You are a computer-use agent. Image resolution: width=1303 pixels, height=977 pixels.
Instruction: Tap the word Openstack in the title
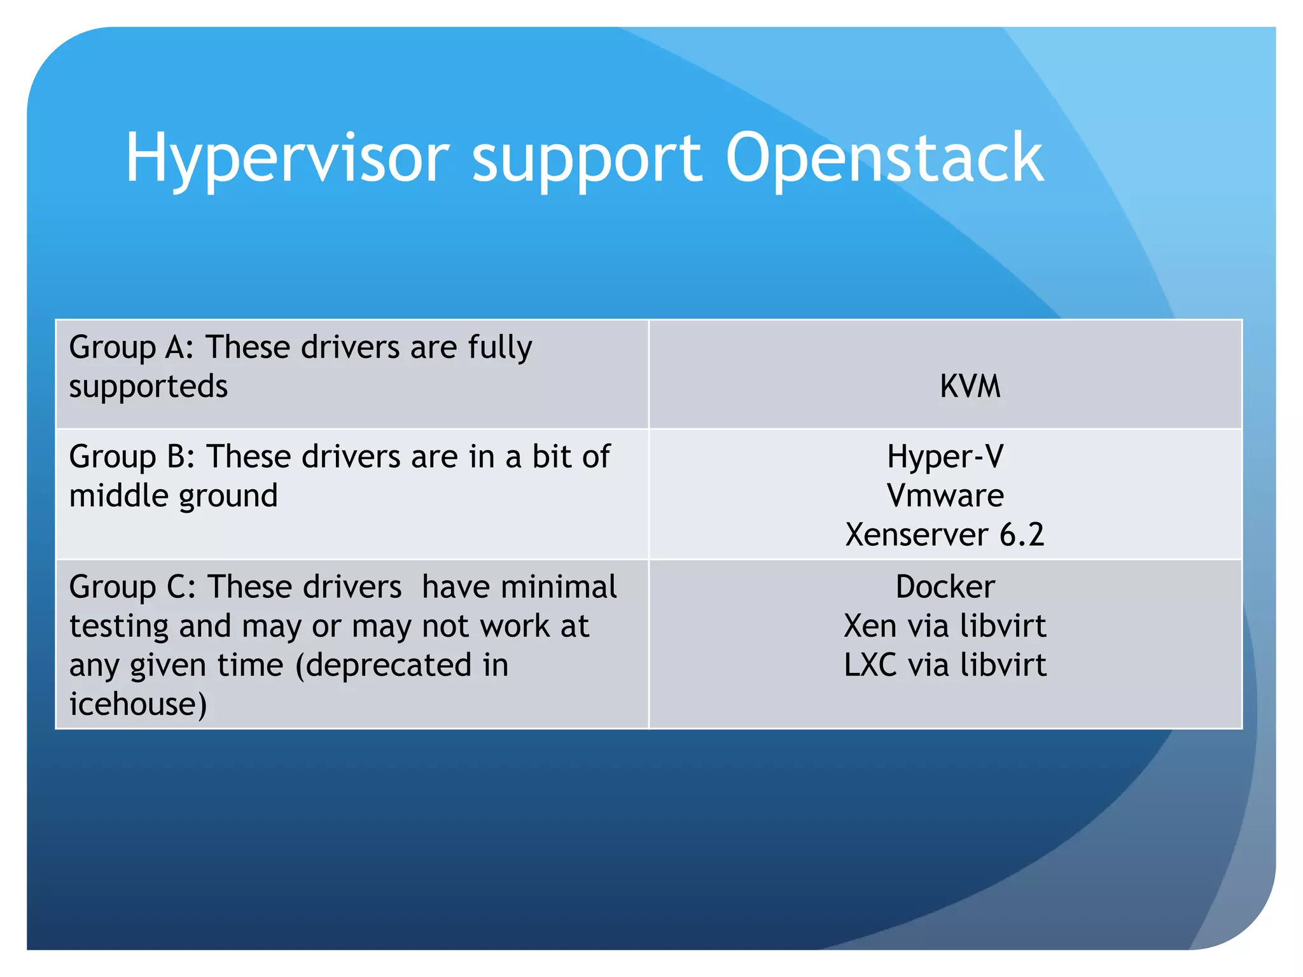[884, 158]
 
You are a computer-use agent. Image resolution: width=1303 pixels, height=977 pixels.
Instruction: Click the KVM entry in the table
[970, 386]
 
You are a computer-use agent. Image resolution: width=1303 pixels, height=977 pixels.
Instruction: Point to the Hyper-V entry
[945, 456]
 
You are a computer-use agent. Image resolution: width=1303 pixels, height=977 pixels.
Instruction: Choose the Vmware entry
[945, 495]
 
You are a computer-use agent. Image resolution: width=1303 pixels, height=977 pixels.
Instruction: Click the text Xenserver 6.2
[945, 534]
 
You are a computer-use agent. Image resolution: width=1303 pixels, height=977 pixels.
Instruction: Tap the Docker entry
[945, 586]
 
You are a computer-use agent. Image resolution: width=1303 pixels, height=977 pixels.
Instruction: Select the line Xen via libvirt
[945, 626]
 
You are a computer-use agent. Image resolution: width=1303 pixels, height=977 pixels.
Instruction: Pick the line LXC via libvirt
[945, 665]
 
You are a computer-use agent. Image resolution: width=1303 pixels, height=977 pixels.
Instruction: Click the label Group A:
[131, 347]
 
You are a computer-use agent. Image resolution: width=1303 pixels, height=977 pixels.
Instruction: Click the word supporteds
[148, 387]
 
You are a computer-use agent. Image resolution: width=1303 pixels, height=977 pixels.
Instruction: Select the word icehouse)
[138, 704]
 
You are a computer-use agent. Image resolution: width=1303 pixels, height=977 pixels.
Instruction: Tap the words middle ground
[173, 496]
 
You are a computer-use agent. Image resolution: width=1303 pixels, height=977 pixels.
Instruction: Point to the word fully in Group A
[500, 348]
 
